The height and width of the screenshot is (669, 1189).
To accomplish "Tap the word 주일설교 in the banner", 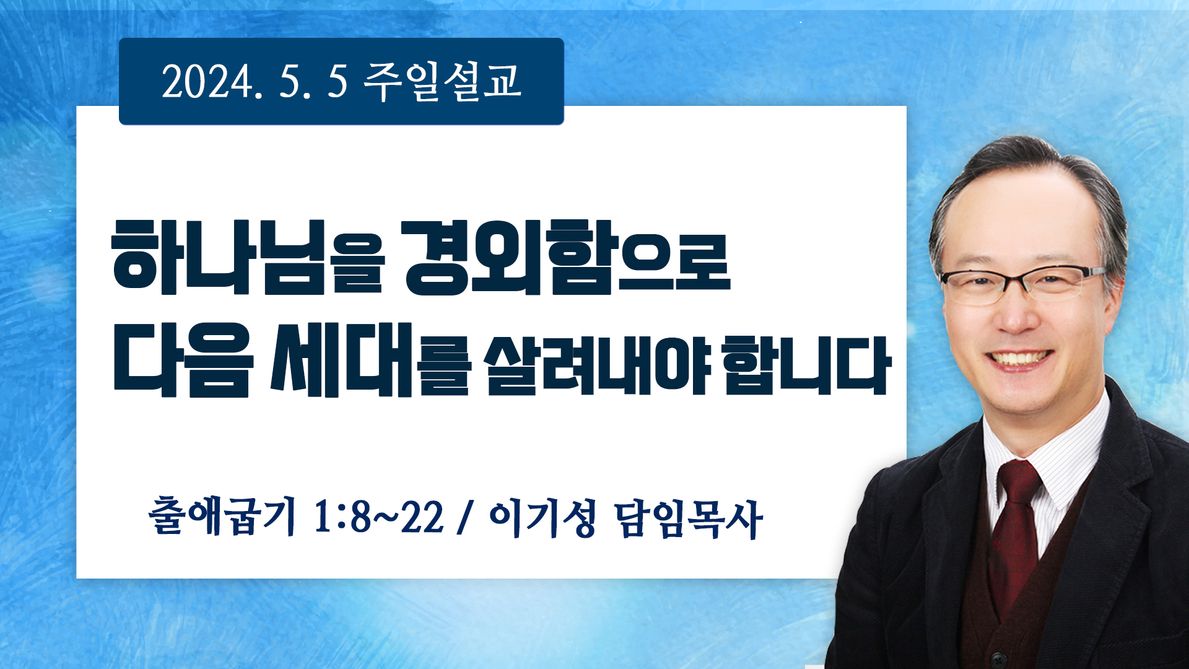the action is coord(442,81).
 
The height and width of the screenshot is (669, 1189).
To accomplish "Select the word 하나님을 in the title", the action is coord(248,256).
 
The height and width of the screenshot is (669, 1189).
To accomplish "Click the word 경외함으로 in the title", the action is coord(567,256).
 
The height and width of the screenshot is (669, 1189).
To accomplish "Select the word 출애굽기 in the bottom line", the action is coord(222,516).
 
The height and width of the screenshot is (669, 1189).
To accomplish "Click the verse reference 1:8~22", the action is coord(379,517).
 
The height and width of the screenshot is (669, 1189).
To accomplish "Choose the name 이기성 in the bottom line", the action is coord(542,518).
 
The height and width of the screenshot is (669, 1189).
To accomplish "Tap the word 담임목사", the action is coord(688,518).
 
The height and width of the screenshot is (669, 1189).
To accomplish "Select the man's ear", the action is coord(1115,297).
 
